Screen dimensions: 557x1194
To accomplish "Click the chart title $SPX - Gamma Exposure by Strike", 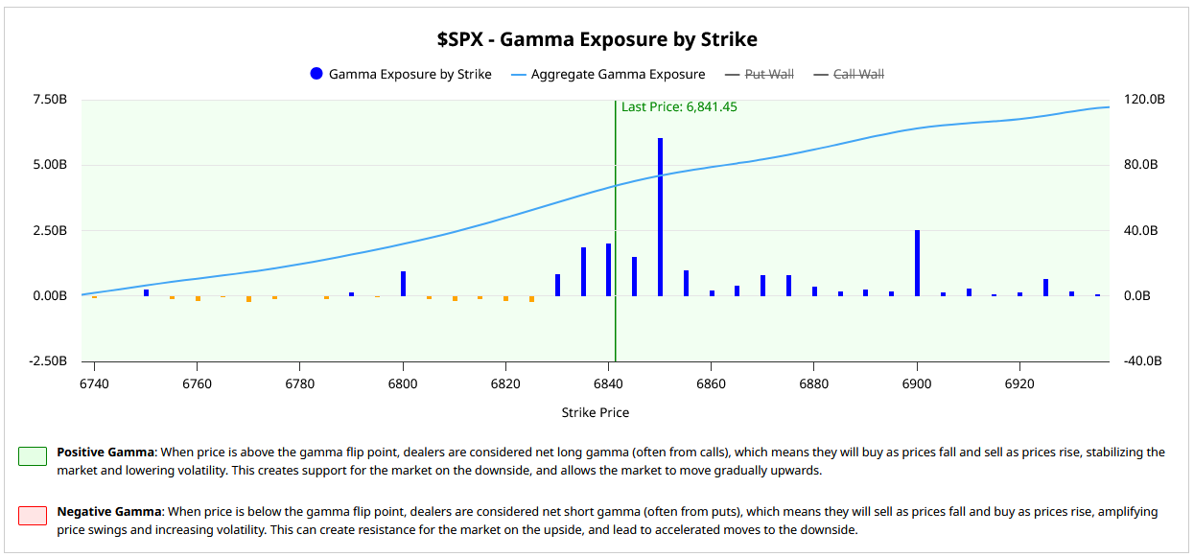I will click(x=597, y=39).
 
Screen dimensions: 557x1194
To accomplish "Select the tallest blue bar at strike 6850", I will click(x=660, y=217).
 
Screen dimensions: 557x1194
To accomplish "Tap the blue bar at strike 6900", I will click(x=917, y=263).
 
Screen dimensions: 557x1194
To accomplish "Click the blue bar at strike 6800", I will click(x=403, y=284).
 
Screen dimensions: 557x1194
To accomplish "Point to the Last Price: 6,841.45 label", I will click(x=679, y=107).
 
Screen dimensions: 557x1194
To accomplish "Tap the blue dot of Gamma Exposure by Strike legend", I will click(x=316, y=74).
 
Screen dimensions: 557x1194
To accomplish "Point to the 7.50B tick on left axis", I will click(x=49, y=100).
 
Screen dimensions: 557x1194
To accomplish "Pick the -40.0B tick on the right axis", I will click(x=1143, y=361).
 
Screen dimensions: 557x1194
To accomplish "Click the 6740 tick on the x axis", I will click(x=94, y=383).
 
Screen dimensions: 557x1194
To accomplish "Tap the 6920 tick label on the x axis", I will click(x=1019, y=383).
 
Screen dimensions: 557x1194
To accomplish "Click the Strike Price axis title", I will click(x=596, y=413).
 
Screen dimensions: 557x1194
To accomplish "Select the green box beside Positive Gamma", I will click(x=33, y=456).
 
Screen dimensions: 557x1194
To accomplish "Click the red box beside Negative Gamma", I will click(x=33, y=516).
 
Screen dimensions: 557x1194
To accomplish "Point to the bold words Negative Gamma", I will click(x=105, y=512).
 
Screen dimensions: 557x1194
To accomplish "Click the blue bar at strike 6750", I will click(x=146, y=292).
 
